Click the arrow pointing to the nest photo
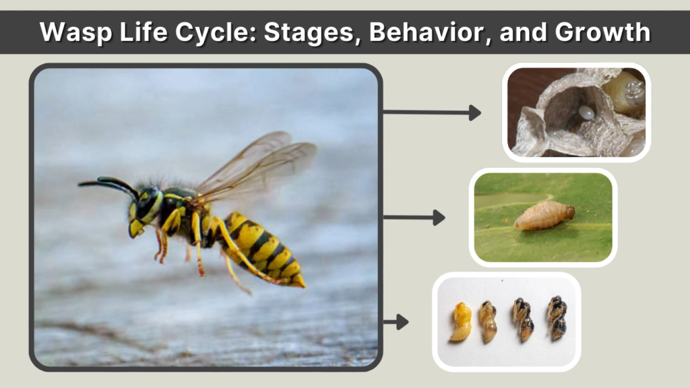pos(431,112)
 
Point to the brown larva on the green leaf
pos(544,215)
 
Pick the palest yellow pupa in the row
pos(461,321)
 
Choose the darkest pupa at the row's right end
pos(557,317)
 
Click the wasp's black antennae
pos(108,183)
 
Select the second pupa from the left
pos(488,321)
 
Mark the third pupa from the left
pos(523,319)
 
